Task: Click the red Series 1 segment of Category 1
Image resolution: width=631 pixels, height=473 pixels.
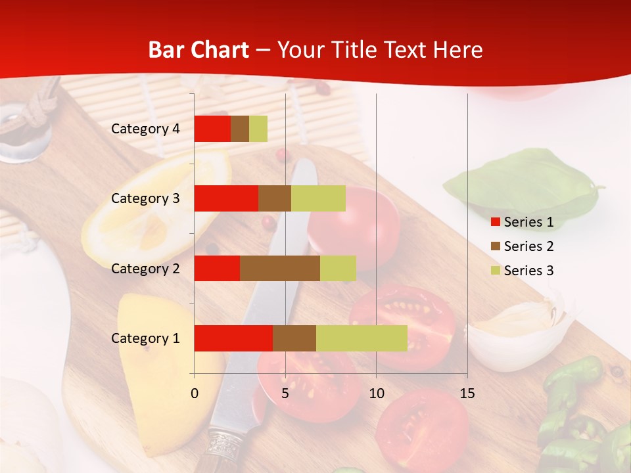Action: pos(233,338)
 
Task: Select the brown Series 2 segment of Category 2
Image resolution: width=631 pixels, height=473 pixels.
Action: pos(280,268)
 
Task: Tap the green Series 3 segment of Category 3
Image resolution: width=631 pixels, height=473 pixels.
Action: pos(318,198)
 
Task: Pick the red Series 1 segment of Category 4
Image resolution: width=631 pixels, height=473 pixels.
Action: pos(212,129)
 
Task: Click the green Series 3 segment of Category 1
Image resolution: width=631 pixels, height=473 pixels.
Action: pos(362,338)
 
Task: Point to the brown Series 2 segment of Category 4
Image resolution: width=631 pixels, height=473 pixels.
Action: pos(240,129)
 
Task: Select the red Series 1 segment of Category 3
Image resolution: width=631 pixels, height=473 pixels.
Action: pos(226,198)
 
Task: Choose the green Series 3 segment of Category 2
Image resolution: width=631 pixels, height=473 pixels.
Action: pos(338,268)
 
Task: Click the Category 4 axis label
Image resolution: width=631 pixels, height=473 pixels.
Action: pos(145,129)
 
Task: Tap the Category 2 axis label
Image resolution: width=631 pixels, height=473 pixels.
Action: pos(145,268)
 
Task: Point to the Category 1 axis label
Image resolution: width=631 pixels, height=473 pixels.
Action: pos(145,338)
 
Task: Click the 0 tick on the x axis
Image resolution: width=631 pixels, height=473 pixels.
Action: pos(195,394)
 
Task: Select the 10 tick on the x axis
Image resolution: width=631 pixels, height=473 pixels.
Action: pos(376,394)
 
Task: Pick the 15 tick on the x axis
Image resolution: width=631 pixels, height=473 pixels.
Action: pos(467,394)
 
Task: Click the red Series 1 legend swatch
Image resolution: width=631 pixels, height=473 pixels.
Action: pos(495,222)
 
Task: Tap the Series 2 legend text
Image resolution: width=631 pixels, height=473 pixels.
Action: pos(528,246)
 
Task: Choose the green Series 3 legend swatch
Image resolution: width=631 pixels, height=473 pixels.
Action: pos(495,271)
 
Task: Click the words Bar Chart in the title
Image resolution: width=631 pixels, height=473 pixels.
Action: pos(199,50)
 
